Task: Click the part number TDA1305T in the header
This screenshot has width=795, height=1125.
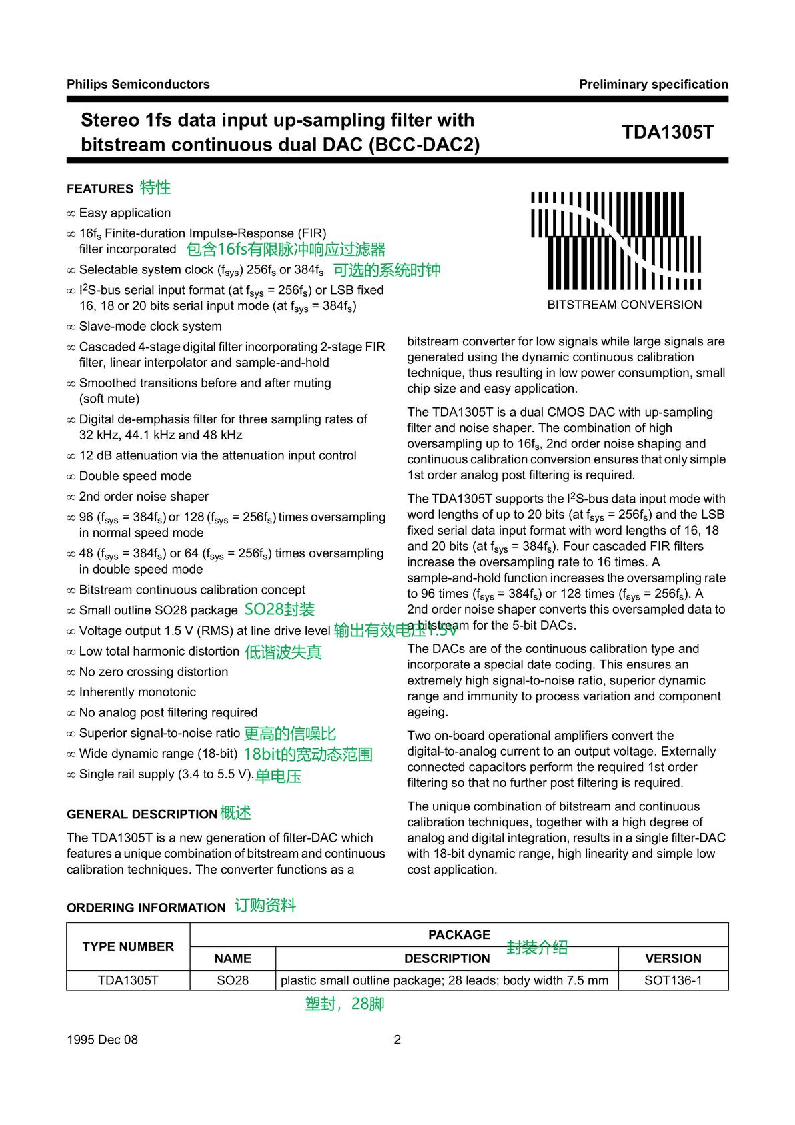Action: coord(668,132)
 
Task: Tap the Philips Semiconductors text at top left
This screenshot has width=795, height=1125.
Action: coord(138,84)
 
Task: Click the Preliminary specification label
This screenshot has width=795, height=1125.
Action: coord(653,84)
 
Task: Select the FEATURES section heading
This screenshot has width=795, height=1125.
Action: coord(100,189)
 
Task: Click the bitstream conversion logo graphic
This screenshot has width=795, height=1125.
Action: coord(616,241)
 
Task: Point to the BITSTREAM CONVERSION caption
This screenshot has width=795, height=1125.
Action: coord(624,305)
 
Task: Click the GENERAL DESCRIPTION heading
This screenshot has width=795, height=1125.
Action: coord(141,814)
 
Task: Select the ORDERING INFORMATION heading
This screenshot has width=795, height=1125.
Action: coord(146,908)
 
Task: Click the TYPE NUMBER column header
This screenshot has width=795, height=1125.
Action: coord(128,946)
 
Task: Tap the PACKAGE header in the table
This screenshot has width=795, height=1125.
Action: coord(459,934)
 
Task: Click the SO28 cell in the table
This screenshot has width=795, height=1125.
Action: coord(233,980)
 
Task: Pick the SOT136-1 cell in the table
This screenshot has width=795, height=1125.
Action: coord(673,980)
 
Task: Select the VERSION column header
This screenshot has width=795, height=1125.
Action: coord(673,958)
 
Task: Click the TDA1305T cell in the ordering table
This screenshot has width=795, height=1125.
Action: coord(128,980)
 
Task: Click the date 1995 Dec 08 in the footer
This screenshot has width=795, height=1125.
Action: coord(102,1040)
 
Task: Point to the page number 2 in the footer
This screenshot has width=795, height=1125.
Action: coord(397,1040)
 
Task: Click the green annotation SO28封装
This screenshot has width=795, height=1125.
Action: coord(279,610)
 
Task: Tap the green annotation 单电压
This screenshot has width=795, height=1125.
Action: coord(278,776)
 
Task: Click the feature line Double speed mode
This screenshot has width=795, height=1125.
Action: coord(135,476)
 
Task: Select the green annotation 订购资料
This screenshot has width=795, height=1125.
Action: coord(265,906)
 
